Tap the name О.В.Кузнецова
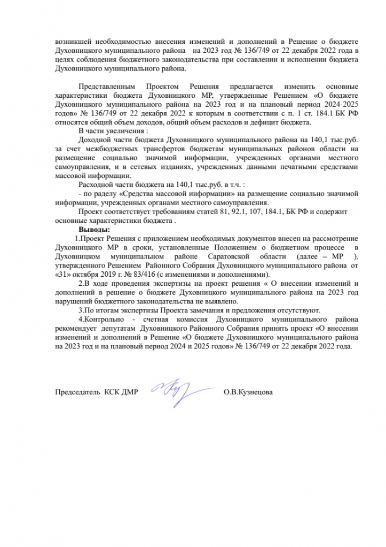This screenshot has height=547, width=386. tap(248, 393)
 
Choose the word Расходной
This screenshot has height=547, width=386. tap(98, 184)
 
